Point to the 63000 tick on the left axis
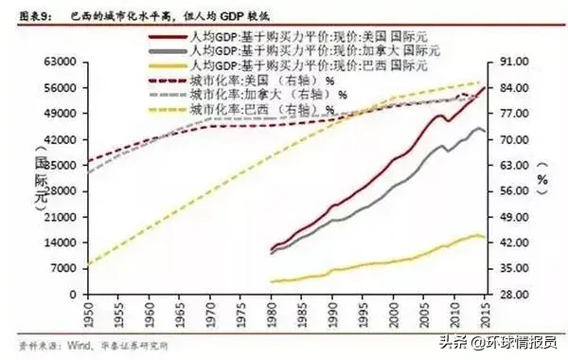[59, 62]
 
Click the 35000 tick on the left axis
[59, 165]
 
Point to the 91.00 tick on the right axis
[512, 62]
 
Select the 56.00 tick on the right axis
[512, 190]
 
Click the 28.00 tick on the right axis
[512, 295]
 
